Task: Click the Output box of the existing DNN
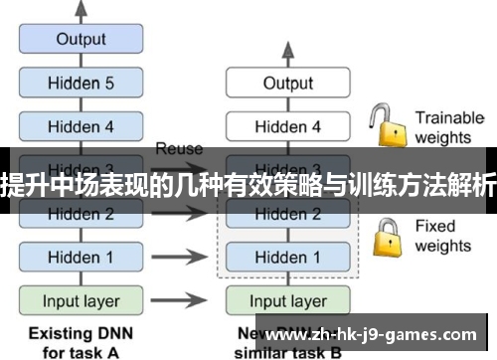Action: tap(81, 40)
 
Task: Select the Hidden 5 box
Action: tap(81, 84)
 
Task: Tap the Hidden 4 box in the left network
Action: tap(81, 127)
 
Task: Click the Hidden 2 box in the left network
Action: tap(81, 213)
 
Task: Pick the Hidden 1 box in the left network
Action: tap(81, 257)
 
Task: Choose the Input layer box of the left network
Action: tap(81, 300)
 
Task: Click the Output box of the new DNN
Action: tap(287, 84)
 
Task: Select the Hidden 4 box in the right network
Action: tap(287, 127)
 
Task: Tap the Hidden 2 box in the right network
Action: tap(287, 213)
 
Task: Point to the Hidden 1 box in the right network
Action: tap(287, 257)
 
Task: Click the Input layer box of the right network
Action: tap(287, 300)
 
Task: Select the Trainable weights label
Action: tap(448, 127)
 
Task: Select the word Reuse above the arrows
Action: tap(179, 149)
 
